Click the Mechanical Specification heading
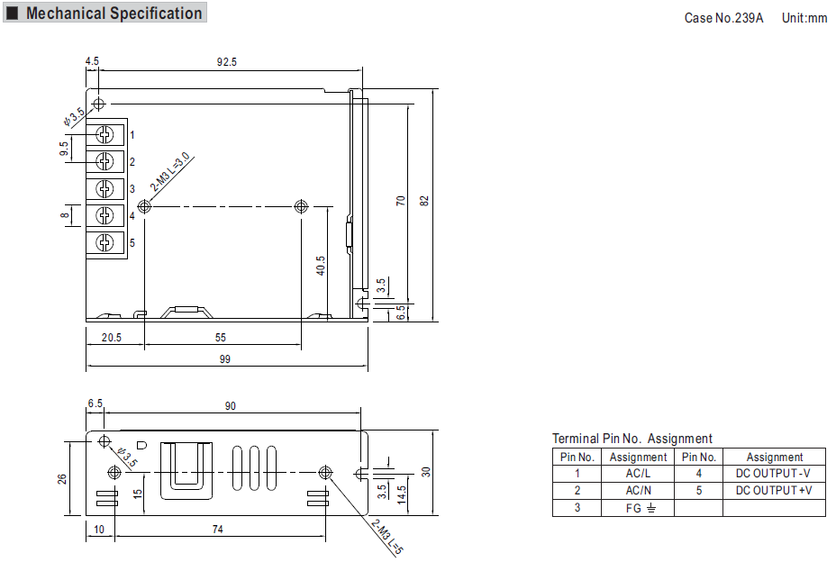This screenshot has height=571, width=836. click(114, 13)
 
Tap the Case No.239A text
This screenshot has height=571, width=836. click(723, 18)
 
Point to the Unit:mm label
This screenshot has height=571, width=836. click(804, 18)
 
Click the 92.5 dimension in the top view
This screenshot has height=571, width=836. click(227, 62)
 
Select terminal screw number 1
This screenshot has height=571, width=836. click(105, 134)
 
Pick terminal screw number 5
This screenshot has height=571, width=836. click(105, 242)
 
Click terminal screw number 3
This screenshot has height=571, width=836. click(105, 188)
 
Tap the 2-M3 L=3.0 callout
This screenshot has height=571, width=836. click(170, 172)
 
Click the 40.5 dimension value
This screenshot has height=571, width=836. click(321, 266)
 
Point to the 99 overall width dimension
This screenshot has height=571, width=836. click(225, 358)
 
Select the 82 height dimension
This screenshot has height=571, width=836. click(424, 201)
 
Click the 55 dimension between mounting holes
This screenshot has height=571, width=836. click(220, 338)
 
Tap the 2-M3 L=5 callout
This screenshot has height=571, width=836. click(387, 537)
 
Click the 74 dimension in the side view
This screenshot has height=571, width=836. click(217, 530)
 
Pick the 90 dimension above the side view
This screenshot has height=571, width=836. click(231, 405)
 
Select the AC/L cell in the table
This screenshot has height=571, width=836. click(638, 474)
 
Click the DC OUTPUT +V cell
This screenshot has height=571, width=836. click(774, 491)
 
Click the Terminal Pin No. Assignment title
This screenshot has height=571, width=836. click(632, 439)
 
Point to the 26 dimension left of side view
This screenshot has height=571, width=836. click(62, 479)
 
